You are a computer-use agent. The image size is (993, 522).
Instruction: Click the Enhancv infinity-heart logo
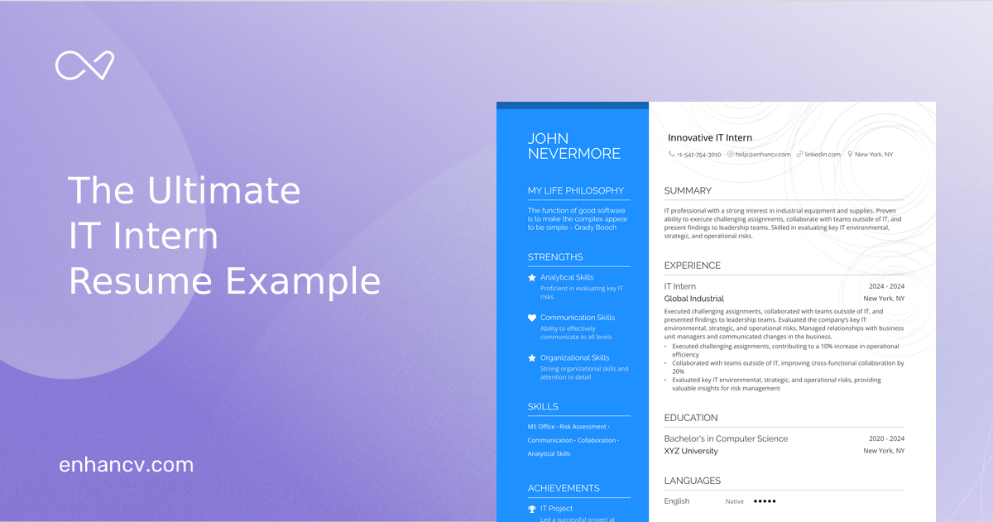pos(84,65)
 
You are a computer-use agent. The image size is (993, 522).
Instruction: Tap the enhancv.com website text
pos(126,465)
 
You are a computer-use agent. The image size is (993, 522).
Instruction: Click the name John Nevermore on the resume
pos(574,146)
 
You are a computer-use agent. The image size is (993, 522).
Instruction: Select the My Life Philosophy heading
pos(576,190)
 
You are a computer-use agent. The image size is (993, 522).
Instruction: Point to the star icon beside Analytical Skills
pos(532,278)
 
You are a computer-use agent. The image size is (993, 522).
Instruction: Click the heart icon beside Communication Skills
pos(532,318)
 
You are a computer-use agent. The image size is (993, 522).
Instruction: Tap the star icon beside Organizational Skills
pos(532,358)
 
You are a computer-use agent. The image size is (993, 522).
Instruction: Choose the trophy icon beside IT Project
pos(532,509)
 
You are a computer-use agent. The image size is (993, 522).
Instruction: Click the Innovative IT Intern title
pos(710,138)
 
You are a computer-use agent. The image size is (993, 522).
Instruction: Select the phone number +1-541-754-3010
pos(698,155)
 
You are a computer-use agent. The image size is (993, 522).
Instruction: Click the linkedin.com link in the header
pos(823,155)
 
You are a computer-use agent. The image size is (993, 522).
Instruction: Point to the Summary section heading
pos(688,191)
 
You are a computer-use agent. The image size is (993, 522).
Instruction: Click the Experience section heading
pos(693,266)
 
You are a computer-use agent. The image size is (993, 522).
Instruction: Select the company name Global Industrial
pos(693,299)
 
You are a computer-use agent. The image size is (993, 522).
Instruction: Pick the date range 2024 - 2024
pos(886,286)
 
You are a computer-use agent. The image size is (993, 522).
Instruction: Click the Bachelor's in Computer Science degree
pos(726,438)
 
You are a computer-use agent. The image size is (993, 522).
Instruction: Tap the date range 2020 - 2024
pos(886,438)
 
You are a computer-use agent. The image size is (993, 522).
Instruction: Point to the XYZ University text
pos(691,451)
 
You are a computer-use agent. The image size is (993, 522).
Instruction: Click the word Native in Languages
pos(735,501)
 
